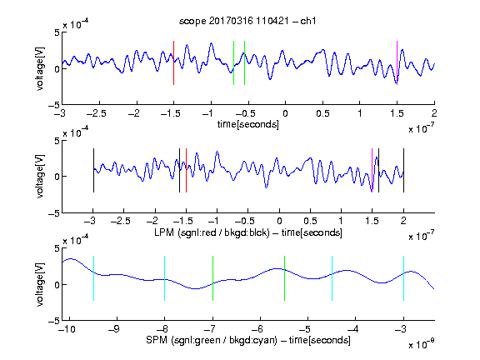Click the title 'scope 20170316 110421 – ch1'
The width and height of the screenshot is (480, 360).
point(247,21)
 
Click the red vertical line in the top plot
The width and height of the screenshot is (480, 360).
point(173,62)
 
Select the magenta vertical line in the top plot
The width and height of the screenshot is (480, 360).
point(397,62)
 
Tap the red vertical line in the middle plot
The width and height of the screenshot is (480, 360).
point(186,171)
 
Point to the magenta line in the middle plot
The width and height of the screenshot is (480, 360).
point(372,171)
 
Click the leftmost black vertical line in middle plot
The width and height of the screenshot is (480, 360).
point(93,171)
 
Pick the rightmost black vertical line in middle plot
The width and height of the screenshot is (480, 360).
point(403,171)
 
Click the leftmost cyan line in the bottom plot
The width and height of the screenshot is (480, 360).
point(93,278)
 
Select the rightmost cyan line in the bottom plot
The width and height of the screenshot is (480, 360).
point(403,278)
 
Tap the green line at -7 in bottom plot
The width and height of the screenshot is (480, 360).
point(212,278)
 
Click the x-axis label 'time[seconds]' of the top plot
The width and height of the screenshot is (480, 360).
point(248,125)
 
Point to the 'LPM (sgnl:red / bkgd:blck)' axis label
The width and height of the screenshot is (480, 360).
point(212,232)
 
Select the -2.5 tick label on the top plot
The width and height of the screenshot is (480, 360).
point(96,113)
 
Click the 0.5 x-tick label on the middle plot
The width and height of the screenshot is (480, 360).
point(310,221)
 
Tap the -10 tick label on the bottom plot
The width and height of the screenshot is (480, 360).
point(67,329)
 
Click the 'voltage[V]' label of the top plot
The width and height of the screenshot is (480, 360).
point(40,68)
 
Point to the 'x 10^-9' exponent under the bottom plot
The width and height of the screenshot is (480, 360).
point(422,344)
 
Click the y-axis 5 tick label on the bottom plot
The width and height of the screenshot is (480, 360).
point(57,248)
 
